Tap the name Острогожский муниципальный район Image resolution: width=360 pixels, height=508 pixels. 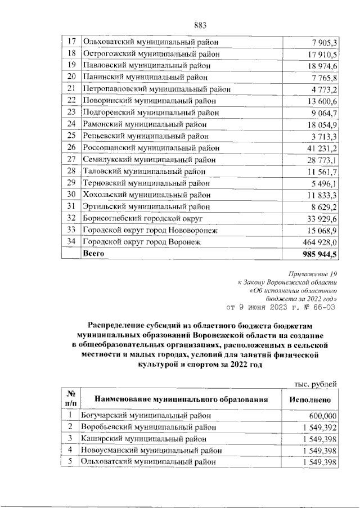[150, 54]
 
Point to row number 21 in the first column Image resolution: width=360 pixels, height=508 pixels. [71, 89]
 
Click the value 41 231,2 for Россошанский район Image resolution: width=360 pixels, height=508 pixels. [318, 148]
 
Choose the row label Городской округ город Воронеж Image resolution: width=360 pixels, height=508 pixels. [141, 242]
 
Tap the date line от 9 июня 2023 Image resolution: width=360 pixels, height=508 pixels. [281, 307]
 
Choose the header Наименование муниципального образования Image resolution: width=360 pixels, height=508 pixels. [180, 399]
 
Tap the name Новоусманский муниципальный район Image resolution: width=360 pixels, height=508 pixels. [152, 451]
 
